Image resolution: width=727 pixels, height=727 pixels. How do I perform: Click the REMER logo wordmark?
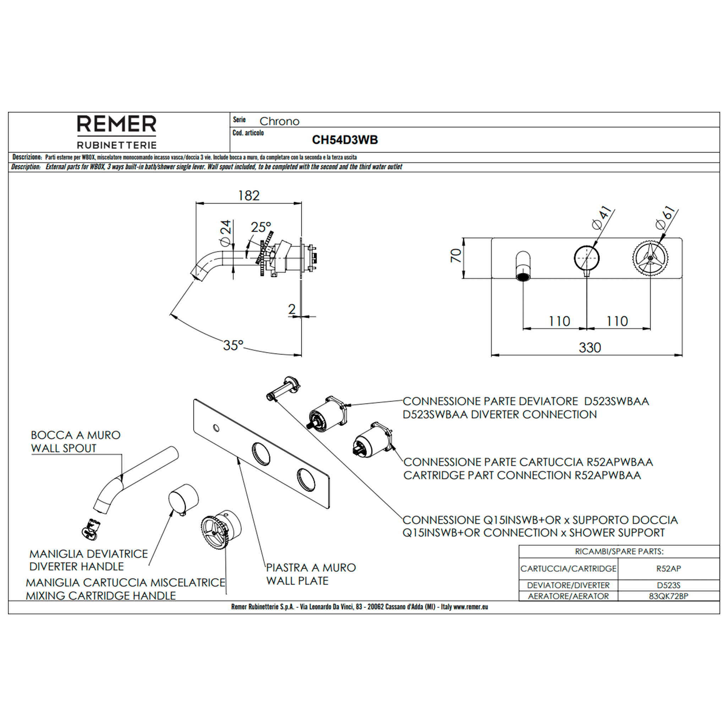(117, 125)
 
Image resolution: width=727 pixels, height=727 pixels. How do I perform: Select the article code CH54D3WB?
(345, 140)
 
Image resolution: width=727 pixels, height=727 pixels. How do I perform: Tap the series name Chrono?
(279, 121)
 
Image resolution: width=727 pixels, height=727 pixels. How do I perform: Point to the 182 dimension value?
(249, 196)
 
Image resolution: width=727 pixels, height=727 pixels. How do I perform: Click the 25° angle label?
(261, 227)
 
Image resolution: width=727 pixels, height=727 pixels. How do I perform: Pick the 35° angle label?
(233, 345)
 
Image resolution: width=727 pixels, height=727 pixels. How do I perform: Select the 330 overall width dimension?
(590, 347)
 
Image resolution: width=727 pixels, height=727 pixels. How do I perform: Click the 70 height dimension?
(456, 256)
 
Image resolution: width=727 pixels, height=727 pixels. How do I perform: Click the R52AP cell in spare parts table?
(668, 569)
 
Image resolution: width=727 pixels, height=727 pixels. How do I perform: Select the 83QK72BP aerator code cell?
(668, 596)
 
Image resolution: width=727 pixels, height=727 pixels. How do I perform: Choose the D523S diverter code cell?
(668, 585)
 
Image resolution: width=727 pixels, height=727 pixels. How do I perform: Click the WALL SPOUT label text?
(64, 448)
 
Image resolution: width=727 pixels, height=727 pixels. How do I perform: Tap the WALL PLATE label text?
(297, 581)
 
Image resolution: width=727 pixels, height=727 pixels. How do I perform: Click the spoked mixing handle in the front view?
(650, 258)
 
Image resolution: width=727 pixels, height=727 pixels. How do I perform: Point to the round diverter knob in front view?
(587, 258)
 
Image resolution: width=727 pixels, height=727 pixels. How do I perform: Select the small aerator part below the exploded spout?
(91, 529)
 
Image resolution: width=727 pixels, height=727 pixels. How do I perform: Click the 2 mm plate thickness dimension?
(292, 309)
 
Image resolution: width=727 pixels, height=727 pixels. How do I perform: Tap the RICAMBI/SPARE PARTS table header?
(619, 552)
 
